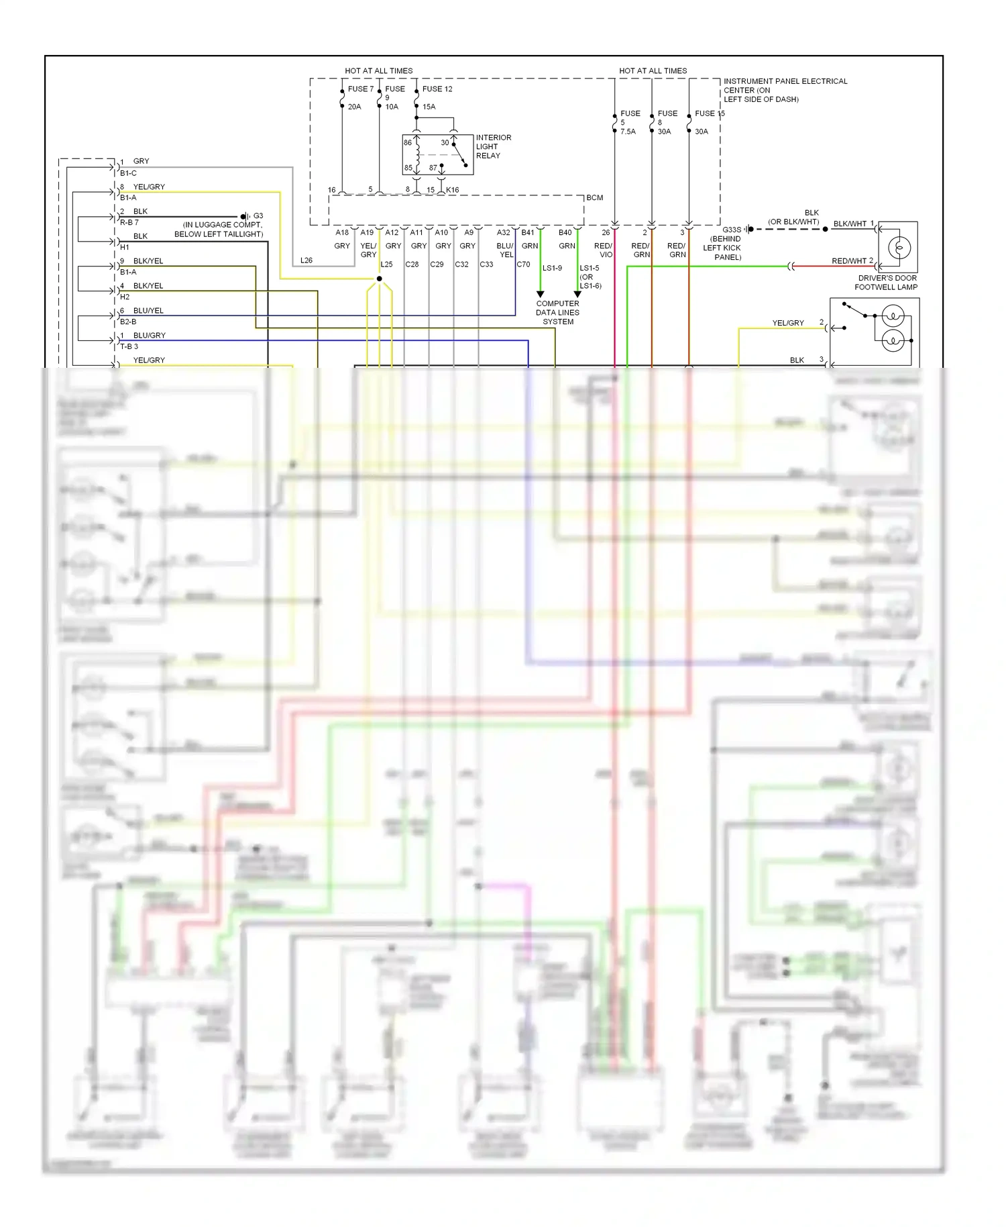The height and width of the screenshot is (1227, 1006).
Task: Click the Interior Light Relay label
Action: [493, 146]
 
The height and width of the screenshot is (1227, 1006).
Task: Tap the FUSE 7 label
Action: [361, 89]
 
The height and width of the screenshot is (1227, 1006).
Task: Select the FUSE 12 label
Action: [437, 89]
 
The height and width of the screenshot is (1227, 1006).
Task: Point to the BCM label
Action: [594, 198]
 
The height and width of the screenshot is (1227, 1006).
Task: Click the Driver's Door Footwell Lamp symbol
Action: [898, 247]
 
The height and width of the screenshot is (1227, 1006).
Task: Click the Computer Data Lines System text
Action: [557, 313]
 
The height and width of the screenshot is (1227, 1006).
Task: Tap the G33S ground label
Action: [731, 230]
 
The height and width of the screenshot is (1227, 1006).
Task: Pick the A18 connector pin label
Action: [342, 233]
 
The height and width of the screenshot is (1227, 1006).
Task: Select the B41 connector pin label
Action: [528, 233]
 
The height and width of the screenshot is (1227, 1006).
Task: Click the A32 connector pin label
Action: [503, 233]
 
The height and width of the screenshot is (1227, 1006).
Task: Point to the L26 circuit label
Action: [306, 260]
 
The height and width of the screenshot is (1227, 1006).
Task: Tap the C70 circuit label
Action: [523, 264]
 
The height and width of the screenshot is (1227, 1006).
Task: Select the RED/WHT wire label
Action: [848, 261]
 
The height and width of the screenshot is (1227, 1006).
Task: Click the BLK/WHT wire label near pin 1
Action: [850, 224]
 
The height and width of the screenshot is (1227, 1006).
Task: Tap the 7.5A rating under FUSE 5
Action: [628, 132]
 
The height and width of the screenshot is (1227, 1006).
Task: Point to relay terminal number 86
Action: [408, 142]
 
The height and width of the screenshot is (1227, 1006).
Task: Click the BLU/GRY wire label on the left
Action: [149, 336]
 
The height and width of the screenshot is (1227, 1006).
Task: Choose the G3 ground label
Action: [258, 216]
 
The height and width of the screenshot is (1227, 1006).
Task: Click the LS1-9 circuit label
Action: [552, 268]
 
